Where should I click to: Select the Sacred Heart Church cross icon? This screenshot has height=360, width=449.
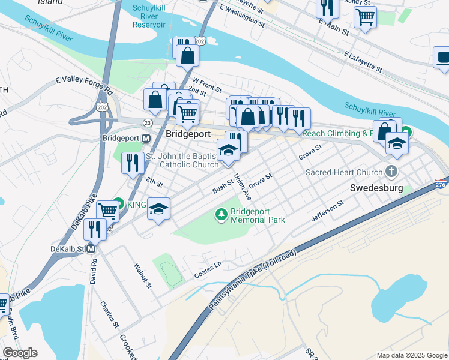click(392, 172)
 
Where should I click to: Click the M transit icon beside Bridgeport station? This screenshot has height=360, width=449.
click(146, 138)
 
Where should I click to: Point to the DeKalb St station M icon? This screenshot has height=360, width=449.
click(91, 248)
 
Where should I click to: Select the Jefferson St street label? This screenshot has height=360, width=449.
click(327, 211)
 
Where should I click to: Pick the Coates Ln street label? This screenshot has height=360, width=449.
click(208, 269)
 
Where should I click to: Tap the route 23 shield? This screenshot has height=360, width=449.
click(148, 122)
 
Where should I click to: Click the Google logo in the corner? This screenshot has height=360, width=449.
click(20, 353)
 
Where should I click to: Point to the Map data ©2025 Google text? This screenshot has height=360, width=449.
click(412, 355)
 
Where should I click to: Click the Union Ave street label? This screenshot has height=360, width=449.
click(242, 187)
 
